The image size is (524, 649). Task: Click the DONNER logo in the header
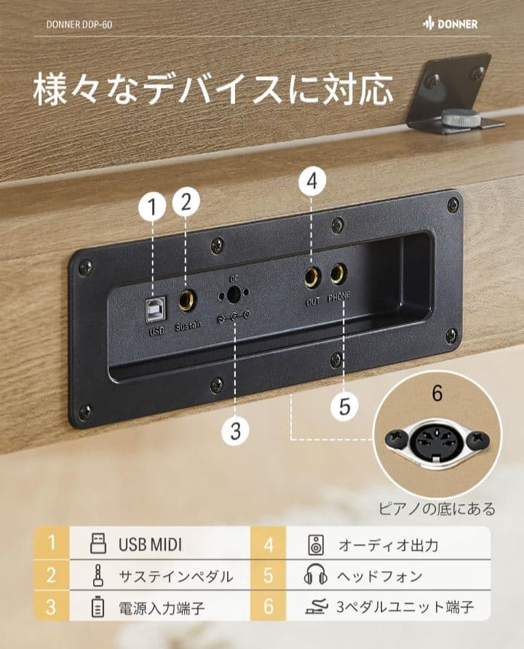click(x=450, y=24)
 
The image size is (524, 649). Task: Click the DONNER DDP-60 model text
click(x=79, y=24)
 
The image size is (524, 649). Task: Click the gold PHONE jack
click(x=338, y=275)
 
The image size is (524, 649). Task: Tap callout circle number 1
click(x=152, y=207)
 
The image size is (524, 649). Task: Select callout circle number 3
click(x=234, y=431)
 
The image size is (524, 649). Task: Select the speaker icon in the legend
click(x=314, y=544)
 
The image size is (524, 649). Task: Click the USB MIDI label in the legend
click(x=150, y=544)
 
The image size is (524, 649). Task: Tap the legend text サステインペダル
click(x=176, y=576)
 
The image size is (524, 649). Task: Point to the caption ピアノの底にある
click(x=437, y=509)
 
